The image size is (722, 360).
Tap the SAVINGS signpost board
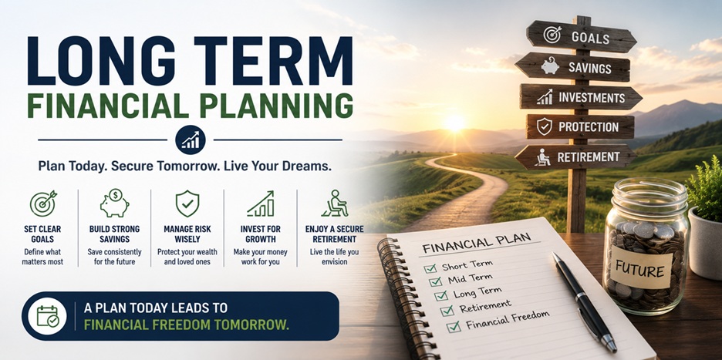(x=573, y=67)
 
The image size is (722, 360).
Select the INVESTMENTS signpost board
(x=581, y=96)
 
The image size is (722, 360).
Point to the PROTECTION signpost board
(x=580, y=126)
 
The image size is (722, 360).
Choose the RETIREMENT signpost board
(x=575, y=157)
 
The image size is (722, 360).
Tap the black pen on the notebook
(x=585, y=301)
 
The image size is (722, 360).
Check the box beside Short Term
(x=430, y=268)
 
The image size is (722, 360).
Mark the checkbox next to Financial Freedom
(x=453, y=326)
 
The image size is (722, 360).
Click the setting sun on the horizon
(x=454, y=123)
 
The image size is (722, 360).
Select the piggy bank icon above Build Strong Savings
(x=114, y=203)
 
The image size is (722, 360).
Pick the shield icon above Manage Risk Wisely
(x=187, y=204)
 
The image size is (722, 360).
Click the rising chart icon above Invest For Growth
(x=261, y=204)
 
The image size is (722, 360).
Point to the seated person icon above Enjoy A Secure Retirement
(x=334, y=203)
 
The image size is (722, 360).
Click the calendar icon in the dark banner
(x=47, y=316)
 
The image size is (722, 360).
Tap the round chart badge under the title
(x=191, y=140)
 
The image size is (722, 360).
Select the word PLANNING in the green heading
(x=277, y=106)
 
